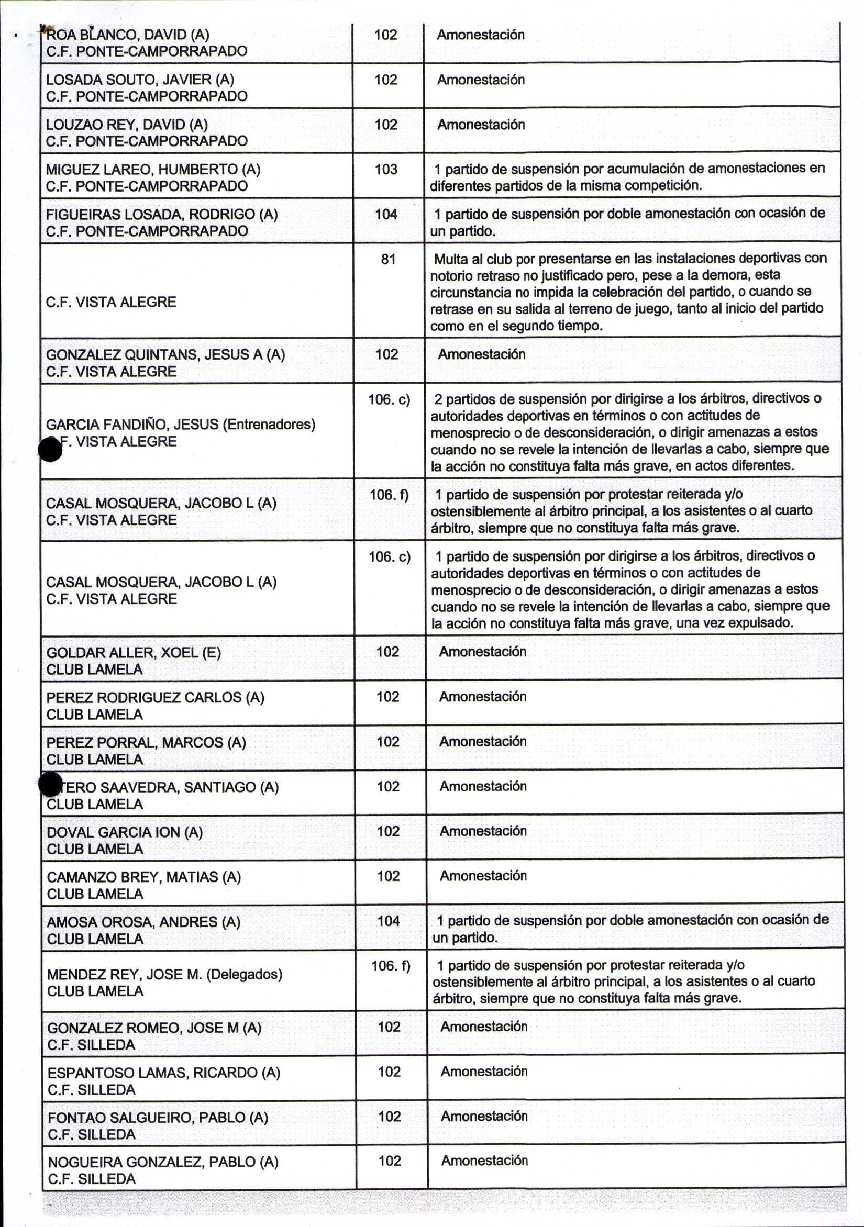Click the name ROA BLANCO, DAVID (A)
click(127, 35)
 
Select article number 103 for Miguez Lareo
click(386, 170)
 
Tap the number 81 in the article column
click(388, 260)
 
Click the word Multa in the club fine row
click(450, 260)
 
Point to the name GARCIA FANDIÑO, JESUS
click(132, 425)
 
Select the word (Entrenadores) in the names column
click(269, 425)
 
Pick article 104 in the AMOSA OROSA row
click(389, 920)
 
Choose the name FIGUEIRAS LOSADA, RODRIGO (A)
click(161, 215)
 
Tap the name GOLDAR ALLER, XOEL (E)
click(133, 653)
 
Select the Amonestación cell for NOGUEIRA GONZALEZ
click(484, 1160)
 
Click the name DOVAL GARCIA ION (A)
click(125, 832)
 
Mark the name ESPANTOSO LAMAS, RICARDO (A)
click(163, 1073)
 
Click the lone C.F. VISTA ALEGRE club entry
click(111, 302)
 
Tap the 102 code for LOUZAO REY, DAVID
click(386, 125)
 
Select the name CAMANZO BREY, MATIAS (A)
click(143, 877)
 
